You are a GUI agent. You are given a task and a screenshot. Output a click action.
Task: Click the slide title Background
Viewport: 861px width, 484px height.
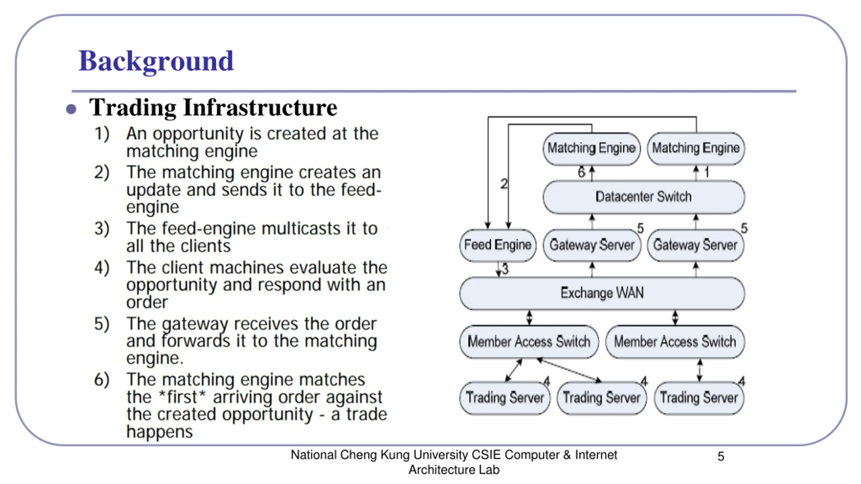pyautogui.click(x=156, y=61)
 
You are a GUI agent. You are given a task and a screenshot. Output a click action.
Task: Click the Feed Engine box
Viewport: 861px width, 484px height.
pyautogui.click(x=497, y=245)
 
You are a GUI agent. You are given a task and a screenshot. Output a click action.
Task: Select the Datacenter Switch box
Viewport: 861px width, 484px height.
pyautogui.click(x=643, y=197)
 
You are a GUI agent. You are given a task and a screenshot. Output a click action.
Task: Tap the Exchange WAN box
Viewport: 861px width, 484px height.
pyautogui.click(x=602, y=293)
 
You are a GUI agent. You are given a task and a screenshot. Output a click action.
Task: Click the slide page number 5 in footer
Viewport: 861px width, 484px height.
pyautogui.click(x=721, y=456)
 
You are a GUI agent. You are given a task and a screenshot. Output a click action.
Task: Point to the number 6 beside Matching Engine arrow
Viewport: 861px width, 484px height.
pyautogui.click(x=582, y=172)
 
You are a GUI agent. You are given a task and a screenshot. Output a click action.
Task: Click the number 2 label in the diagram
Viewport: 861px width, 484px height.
pyautogui.click(x=503, y=184)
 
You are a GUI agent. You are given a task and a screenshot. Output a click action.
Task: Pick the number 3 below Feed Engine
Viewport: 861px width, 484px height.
pyautogui.click(x=505, y=269)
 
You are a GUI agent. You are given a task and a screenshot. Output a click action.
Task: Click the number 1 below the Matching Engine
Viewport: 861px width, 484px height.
pyautogui.click(x=707, y=172)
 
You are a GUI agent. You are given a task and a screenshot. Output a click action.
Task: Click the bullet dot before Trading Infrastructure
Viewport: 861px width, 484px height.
pyautogui.click(x=71, y=109)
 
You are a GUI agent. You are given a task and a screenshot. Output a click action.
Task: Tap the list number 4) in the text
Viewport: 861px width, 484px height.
pyautogui.click(x=102, y=268)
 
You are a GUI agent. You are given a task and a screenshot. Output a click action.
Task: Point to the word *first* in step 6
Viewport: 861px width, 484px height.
pyautogui.click(x=182, y=397)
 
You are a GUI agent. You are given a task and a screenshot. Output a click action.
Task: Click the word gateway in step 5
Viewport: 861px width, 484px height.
pyautogui.click(x=195, y=324)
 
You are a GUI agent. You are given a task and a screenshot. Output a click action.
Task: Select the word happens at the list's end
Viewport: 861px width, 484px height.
pyautogui.click(x=159, y=432)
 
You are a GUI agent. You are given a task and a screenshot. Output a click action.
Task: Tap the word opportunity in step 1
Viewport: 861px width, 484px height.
pyautogui.click(x=198, y=134)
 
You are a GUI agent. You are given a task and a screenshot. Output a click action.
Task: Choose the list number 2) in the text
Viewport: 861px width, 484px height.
pyautogui.click(x=102, y=172)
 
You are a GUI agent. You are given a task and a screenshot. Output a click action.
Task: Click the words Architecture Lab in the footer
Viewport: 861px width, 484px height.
pyautogui.click(x=454, y=470)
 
